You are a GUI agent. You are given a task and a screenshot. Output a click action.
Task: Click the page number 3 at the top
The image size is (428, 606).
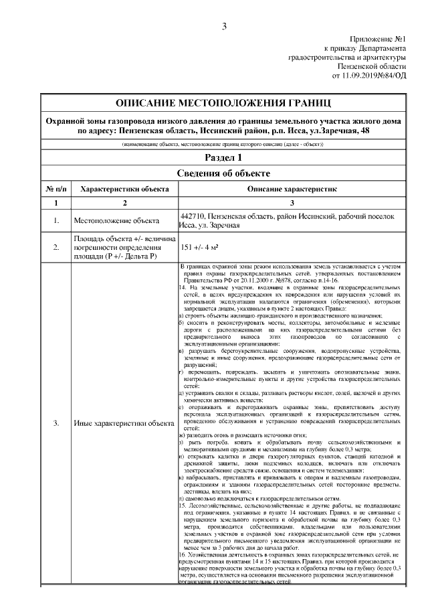pyautogui.click(x=224, y=27)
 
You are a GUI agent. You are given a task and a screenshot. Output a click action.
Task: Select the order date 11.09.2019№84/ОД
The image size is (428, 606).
pyautogui.click(x=368, y=76)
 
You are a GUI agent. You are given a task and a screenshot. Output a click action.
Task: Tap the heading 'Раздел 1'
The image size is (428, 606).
pyautogui.click(x=223, y=157)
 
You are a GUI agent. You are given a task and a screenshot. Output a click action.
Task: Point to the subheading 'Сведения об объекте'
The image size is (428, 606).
pyautogui.click(x=223, y=173)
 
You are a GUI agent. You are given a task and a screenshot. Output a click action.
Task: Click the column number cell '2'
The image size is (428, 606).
pyautogui.click(x=124, y=203)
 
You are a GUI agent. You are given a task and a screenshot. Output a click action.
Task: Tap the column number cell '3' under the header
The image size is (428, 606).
pyautogui.click(x=292, y=203)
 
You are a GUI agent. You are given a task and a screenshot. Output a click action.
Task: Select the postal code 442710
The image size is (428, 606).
pyautogui.click(x=193, y=217)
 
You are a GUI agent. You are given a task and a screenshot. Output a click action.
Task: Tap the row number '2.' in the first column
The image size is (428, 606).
pyautogui.click(x=56, y=248)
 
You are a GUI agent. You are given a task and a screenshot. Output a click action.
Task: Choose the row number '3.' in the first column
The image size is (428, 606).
pyautogui.click(x=56, y=423)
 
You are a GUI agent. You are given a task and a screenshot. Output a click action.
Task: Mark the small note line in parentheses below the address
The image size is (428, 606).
pyautogui.click(x=223, y=145)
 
